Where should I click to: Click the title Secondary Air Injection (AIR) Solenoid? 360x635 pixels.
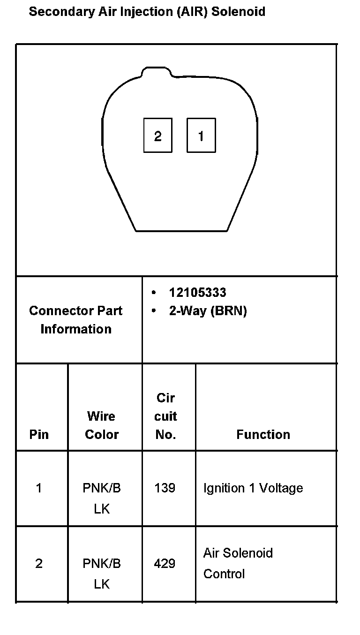pyautogui.click(x=147, y=12)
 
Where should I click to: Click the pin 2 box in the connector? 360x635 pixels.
pyautogui.click(x=157, y=136)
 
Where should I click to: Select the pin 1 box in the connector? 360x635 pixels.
pyautogui.click(x=201, y=136)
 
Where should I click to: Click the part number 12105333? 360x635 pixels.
pyautogui.click(x=197, y=293)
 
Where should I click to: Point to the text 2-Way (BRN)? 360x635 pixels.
pyautogui.click(x=208, y=311)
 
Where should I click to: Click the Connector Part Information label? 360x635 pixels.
pyautogui.click(x=76, y=320)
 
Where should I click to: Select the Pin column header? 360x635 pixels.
pyautogui.click(x=39, y=434)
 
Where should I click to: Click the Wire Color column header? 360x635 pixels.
pyautogui.click(x=102, y=425)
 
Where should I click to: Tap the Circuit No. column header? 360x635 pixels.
pyautogui.click(x=165, y=416)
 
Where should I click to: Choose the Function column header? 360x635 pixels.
pyautogui.click(x=263, y=434)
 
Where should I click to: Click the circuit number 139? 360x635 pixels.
pyautogui.click(x=165, y=488)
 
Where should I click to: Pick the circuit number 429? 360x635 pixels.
pyautogui.click(x=165, y=563)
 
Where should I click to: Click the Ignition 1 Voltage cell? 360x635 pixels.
pyautogui.click(x=253, y=488)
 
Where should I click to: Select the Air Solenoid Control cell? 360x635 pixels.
pyautogui.click(x=238, y=563)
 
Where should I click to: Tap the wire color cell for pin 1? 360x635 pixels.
pyautogui.click(x=102, y=498)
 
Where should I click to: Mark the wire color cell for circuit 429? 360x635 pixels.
pyautogui.click(x=102, y=573)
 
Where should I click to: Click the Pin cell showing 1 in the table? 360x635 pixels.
pyautogui.click(x=39, y=488)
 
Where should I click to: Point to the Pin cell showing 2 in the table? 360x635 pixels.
pyautogui.click(x=39, y=563)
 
